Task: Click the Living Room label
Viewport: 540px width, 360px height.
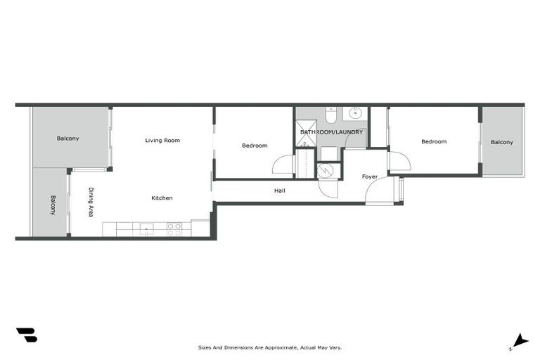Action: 162,141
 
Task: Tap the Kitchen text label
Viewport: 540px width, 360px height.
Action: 162,198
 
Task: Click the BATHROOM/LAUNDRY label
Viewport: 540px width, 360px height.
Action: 331,132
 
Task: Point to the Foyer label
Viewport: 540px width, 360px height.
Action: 370,176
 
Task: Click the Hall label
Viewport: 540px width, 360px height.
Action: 279,191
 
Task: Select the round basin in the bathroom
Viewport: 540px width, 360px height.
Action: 356,112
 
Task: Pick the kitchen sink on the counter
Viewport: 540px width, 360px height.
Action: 146,228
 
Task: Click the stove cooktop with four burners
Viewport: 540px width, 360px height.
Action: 174,229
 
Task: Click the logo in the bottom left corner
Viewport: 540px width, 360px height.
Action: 26,335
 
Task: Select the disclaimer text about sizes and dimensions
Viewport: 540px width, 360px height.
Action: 269,347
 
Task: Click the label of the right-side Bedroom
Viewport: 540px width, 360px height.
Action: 434,142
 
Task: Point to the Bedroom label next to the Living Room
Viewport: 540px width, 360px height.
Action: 255,146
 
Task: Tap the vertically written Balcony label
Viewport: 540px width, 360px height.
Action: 53,205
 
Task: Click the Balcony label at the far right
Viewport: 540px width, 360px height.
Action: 501,142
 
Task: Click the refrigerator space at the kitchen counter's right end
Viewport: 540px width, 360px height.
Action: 200,229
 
